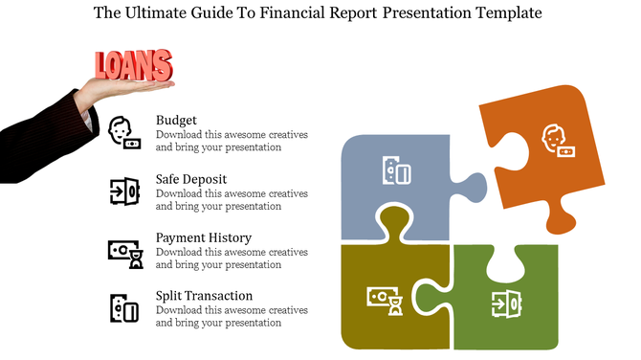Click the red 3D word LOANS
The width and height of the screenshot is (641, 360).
point(134,65)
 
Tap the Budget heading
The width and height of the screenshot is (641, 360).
point(176,121)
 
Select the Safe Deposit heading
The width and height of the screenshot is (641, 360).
point(191,179)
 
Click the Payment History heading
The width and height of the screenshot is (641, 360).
point(204,237)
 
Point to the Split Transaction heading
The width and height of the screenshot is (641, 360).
point(204,296)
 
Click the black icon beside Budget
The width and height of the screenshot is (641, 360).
point(124,131)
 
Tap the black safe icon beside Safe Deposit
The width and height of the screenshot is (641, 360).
point(124,191)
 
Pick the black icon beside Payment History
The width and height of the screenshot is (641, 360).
point(124,252)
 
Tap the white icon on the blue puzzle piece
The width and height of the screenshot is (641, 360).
point(396,171)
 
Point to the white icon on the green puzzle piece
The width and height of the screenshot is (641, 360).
point(506,303)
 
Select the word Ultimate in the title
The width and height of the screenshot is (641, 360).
point(154,13)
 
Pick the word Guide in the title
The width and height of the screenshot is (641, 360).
point(210,13)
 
